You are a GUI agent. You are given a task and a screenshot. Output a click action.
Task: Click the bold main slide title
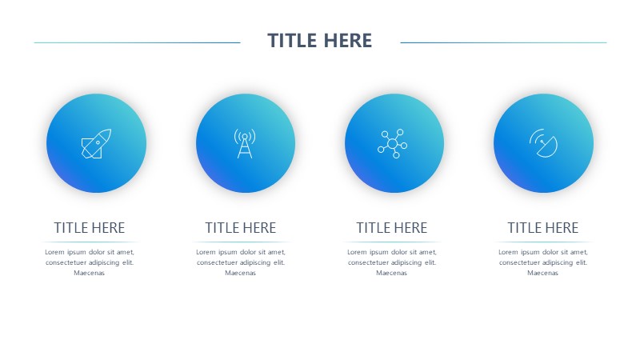click(319, 41)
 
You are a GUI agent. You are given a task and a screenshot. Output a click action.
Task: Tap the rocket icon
click(96, 144)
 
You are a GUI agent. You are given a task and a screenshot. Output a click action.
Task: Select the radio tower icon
click(245, 143)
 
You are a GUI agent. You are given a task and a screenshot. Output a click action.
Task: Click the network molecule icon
click(392, 144)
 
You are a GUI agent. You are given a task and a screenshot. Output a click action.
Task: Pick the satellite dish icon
click(543, 143)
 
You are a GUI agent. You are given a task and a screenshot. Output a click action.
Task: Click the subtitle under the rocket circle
click(90, 228)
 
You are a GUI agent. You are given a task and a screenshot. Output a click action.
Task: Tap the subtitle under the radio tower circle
click(241, 228)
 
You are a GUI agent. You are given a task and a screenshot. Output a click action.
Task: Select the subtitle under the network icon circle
click(392, 228)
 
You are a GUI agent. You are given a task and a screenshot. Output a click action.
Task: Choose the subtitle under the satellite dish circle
click(543, 228)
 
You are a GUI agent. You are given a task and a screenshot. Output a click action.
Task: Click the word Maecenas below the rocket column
click(90, 273)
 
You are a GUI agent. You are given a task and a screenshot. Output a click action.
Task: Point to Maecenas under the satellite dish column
click(543, 273)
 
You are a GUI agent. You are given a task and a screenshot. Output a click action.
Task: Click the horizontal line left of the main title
click(137, 42)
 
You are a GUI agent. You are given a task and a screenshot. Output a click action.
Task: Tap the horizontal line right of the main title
click(504, 42)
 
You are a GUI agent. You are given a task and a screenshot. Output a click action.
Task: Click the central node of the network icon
click(392, 144)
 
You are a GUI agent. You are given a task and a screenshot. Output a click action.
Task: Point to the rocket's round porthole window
click(98, 143)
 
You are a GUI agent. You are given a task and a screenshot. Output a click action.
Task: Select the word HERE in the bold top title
click(348, 41)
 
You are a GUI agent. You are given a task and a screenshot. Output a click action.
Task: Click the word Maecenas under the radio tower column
click(241, 273)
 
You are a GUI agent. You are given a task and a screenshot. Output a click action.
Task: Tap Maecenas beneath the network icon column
click(392, 273)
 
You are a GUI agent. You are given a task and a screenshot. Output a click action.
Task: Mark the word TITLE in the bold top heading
click(292, 41)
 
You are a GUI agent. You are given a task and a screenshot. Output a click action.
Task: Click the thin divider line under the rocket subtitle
click(90, 242)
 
